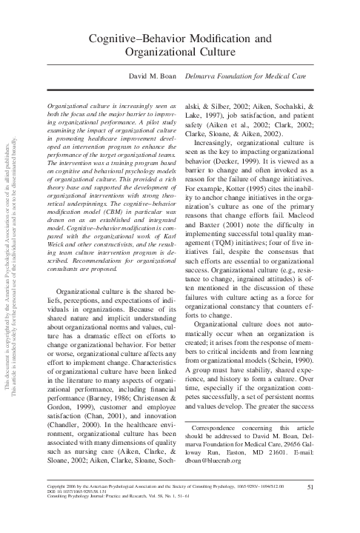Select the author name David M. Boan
tap(152, 76)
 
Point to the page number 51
tap(310, 506)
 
